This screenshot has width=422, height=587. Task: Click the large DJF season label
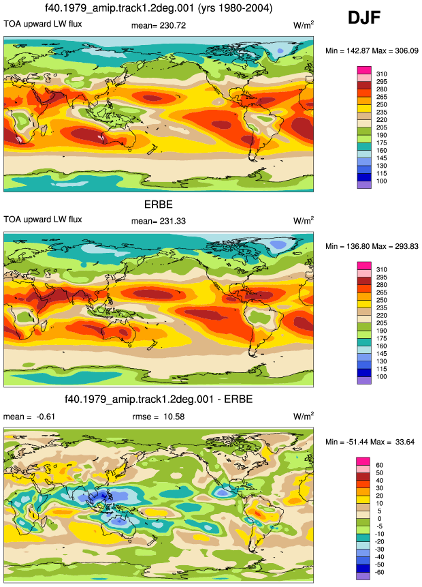[x=364, y=18]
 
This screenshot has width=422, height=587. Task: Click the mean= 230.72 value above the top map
[x=159, y=25]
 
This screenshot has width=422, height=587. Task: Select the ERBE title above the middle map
[x=159, y=205]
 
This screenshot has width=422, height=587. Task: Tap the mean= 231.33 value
[x=159, y=221]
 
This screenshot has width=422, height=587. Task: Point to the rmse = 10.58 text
[x=159, y=417]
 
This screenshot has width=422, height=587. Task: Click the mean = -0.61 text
[x=29, y=417]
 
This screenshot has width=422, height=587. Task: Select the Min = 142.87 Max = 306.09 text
[x=372, y=50]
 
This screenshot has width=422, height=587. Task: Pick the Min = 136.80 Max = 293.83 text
[x=372, y=246]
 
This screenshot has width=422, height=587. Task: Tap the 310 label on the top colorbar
[x=382, y=74]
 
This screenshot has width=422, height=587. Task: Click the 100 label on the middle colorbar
[x=382, y=376]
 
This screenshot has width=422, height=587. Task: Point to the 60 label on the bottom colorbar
[x=379, y=465]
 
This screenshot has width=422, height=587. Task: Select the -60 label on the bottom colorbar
[x=378, y=572]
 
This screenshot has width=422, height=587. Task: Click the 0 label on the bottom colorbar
[x=379, y=519]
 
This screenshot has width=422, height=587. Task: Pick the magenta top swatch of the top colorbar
[x=364, y=70]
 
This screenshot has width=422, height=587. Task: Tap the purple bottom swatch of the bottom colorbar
[x=363, y=576]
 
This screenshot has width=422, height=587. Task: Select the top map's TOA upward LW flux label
[x=43, y=24]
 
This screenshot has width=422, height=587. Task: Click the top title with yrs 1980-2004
[x=159, y=8]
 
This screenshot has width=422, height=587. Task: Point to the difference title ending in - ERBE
[x=159, y=399]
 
